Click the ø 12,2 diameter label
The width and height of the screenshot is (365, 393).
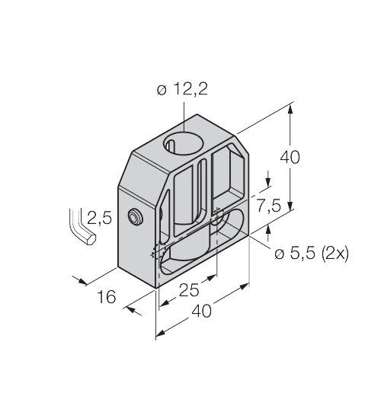point(183,89)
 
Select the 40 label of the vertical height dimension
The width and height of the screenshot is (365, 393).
point(290,158)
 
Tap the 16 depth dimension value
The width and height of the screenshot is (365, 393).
point(108,296)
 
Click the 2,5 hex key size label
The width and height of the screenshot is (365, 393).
point(99,219)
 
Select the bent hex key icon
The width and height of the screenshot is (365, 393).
point(79,226)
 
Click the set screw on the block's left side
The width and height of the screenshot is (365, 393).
point(135,219)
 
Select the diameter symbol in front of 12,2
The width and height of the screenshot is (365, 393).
point(162,90)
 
